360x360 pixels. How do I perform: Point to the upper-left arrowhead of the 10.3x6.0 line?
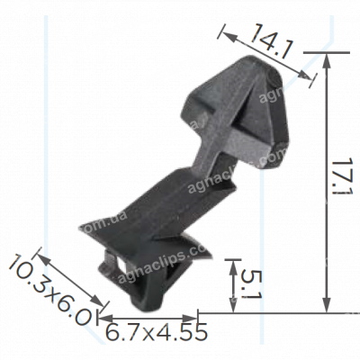(x=41, y=253)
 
